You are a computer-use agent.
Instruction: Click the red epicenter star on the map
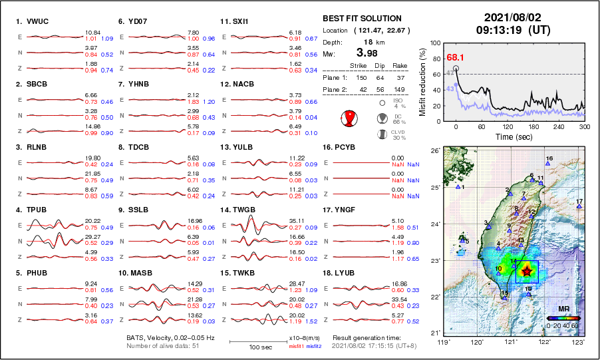(x=527, y=270)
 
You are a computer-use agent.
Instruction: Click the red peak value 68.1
(x=456, y=58)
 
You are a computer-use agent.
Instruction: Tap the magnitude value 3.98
(x=369, y=53)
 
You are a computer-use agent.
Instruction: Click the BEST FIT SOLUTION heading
(x=362, y=19)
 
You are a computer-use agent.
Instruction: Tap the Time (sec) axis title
(x=512, y=136)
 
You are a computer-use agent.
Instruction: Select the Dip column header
(x=379, y=66)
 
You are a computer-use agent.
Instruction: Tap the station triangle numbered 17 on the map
(x=579, y=206)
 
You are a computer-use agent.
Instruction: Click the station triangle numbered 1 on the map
(x=458, y=187)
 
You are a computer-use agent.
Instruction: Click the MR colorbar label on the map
(x=563, y=309)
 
